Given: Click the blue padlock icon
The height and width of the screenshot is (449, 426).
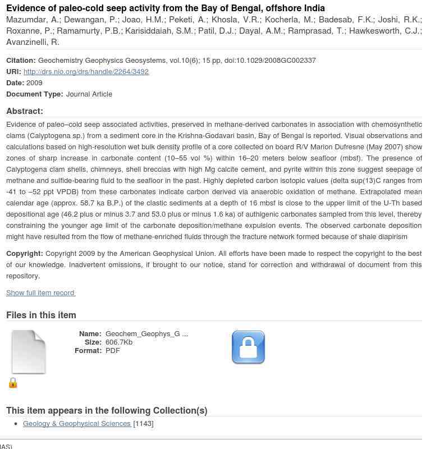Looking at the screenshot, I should (x=248, y=347).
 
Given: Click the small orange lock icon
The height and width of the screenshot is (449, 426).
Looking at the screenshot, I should (x=13, y=383).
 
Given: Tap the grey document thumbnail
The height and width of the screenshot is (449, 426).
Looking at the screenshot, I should (x=29, y=352).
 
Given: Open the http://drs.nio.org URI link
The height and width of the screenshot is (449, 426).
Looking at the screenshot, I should (x=86, y=71).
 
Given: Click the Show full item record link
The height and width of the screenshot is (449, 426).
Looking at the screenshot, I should (x=40, y=292).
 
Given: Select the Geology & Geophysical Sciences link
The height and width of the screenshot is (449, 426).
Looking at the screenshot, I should (x=77, y=423).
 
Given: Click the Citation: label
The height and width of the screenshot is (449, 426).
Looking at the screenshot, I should (x=21, y=60).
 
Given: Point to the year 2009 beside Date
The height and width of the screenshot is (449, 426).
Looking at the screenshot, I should (x=34, y=83).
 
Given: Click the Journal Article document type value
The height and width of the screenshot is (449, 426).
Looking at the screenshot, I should (x=89, y=94).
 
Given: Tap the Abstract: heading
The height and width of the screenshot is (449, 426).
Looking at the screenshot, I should (x=25, y=111).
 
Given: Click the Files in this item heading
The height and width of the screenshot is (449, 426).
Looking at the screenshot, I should (x=41, y=315).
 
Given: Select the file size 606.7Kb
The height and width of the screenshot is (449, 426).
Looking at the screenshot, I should (x=119, y=342).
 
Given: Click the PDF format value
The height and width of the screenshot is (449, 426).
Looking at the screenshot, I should (x=113, y=350).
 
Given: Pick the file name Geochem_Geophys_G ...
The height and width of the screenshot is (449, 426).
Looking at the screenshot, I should (x=146, y=333).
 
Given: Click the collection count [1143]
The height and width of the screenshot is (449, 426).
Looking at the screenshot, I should (x=143, y=423).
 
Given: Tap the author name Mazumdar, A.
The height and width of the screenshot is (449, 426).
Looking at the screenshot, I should (x=32, y=20).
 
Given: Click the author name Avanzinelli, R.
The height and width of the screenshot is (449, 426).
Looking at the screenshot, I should (x=33, y=42).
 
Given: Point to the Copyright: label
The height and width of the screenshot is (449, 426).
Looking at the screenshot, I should (x=24, y=254).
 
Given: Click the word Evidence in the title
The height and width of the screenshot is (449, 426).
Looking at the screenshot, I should (x=26, y=8).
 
